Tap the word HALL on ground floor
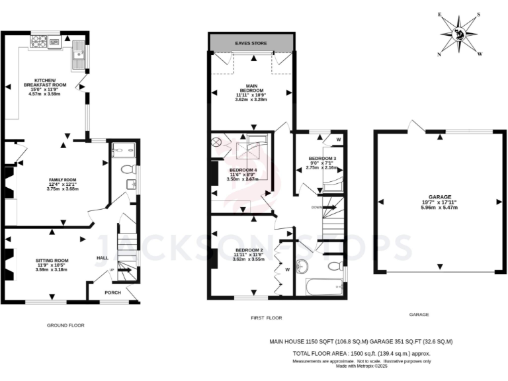103,258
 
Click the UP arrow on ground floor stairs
112,271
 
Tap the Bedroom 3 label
322,159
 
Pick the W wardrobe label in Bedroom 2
288,269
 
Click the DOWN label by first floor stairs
317,206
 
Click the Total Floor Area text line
361,354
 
